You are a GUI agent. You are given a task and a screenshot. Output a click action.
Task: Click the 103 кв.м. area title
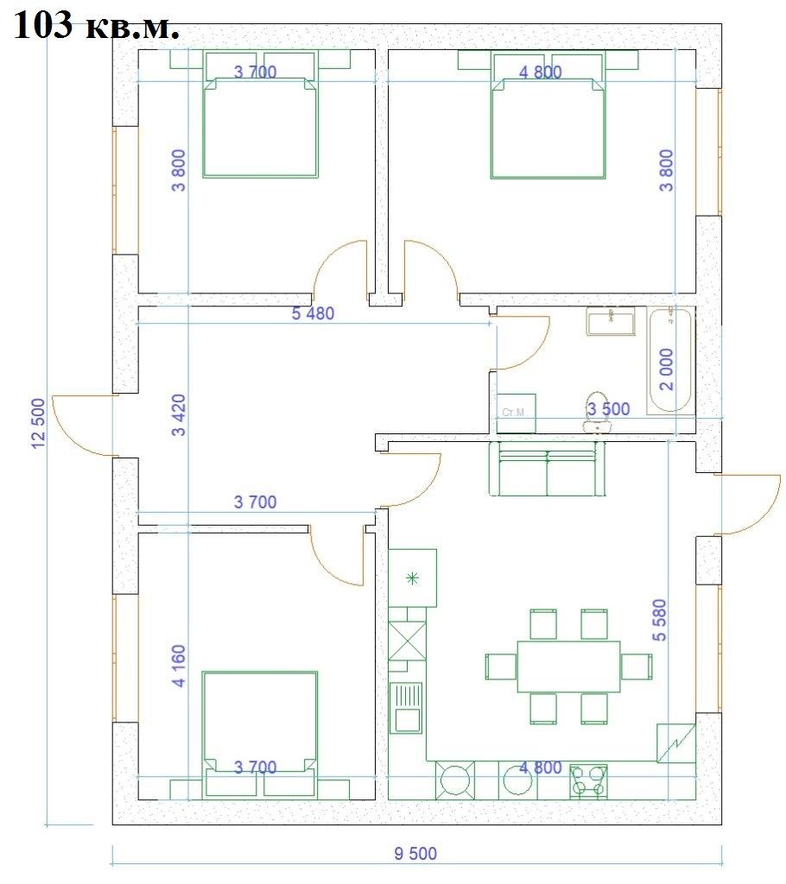click(96, 25)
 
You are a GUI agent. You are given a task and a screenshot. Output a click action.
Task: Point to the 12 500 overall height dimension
click(38, 423)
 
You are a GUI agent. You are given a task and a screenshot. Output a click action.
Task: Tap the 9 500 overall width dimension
click(415, 854)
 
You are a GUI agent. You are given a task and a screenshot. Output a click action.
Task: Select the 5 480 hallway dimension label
click(313, 313)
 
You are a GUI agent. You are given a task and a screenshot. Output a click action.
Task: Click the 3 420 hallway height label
click(178, 415)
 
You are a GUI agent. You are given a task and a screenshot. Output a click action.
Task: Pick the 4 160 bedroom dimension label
click(178, 666)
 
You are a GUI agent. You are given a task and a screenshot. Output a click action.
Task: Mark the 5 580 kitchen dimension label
click(659, 620)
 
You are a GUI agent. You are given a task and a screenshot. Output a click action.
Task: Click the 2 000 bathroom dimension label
click(667, 369)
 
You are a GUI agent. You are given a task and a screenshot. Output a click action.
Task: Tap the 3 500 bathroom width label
click(608, 408)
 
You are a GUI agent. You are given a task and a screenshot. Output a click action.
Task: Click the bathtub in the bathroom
click(670, 360)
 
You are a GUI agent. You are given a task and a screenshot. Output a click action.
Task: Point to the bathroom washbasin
click(611, 321)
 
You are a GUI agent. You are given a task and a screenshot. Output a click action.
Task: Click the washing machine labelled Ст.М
click(516, 414)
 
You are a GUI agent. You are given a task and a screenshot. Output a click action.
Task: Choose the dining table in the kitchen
click(568, 666)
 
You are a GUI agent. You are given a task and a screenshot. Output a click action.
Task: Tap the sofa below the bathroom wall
click(546, 469)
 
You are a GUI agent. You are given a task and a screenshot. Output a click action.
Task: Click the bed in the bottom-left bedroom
click(260, 732)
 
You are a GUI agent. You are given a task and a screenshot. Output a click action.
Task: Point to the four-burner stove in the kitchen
click(588, 780)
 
